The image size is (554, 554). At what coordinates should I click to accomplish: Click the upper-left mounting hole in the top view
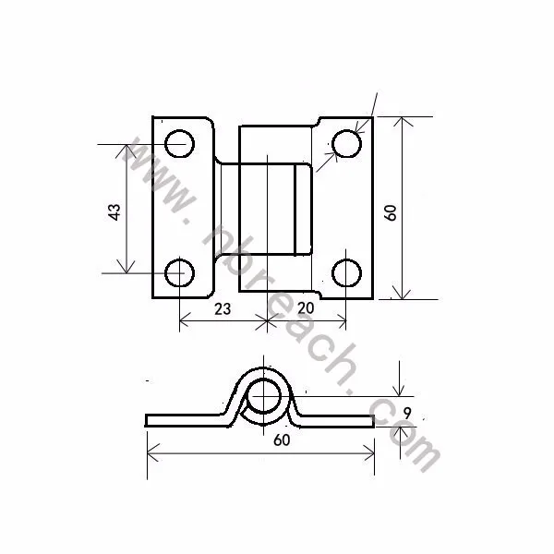179,143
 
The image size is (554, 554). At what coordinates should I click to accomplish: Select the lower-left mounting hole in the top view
179,273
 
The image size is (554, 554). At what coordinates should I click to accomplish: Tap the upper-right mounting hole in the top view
346,144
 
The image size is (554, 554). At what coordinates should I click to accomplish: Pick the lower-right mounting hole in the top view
346,273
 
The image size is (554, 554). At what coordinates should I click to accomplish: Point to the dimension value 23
223,309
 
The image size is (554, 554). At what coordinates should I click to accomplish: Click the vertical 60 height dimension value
391,211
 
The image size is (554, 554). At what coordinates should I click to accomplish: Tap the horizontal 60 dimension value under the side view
282,440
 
